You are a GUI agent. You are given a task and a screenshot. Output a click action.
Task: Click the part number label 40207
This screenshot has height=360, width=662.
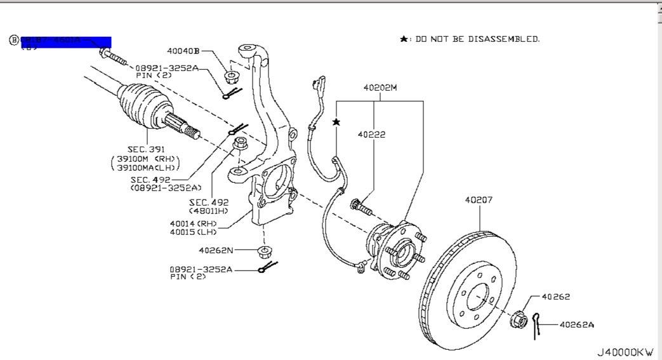pos(479,199)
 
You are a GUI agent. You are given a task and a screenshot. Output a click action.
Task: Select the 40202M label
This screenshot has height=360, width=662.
pos(380,88)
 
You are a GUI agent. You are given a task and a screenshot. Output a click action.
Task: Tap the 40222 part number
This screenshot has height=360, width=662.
pos(371,135)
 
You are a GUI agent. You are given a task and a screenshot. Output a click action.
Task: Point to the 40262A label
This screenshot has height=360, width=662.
pos(577,324)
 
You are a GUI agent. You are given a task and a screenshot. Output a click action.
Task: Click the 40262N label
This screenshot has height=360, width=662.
pos(216,250)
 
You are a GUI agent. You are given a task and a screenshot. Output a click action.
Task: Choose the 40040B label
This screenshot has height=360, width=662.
pos(183,51)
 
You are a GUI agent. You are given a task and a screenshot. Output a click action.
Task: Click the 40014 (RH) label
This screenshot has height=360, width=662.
pos(194,223)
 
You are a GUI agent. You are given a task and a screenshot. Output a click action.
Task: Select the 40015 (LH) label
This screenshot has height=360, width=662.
pos(194,232)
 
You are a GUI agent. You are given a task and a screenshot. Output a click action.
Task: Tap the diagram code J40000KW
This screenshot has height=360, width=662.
pos(625,352)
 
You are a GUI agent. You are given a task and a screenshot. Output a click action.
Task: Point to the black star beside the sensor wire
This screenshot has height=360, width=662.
pos(336,121)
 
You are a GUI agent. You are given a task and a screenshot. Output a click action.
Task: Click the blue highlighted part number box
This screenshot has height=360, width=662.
pos(66,43)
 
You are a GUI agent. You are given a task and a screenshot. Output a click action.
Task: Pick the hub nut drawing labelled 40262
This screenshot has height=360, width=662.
pos(519,318)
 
